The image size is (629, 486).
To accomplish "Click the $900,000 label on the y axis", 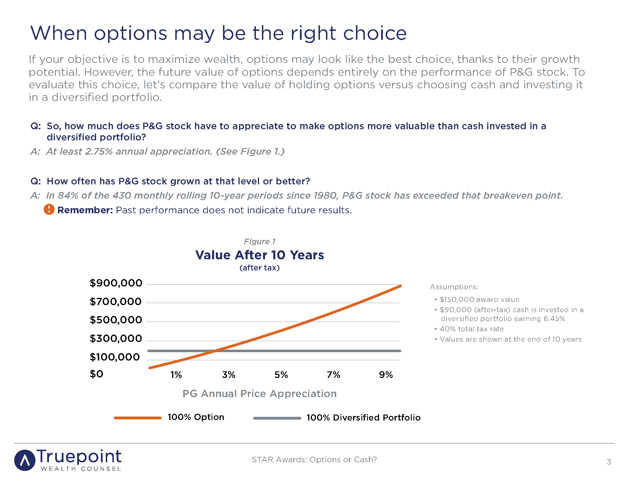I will [x=116, y=283].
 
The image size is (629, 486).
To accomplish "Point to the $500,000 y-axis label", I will [x=116, y=320].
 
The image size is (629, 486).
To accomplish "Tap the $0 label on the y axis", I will [x=96, y=374].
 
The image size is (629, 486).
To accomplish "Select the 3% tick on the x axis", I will [x=229, y=375].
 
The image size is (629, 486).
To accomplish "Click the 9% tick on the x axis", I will [x=386, y=375].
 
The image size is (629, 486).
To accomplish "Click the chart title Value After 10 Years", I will [x=260, y=255].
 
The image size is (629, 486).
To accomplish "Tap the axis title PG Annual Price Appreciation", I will [x=260, y=394].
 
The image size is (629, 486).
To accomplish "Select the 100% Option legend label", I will [x=196, y=417].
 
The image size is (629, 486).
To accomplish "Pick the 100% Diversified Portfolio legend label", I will [x=363, y=418].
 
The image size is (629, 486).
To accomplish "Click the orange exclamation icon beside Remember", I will [x=49, y=209].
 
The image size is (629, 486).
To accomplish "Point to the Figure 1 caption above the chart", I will [x=260, y=241].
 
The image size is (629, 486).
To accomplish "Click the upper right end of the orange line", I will [x=400, y=286].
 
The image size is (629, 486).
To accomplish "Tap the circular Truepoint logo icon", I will [x=25, y=460].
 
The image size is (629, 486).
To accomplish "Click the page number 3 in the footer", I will [x=609, y=462].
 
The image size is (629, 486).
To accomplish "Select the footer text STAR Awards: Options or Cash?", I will [x=314, y=459].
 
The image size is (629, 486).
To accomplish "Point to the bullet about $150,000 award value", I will [x=479, y=299].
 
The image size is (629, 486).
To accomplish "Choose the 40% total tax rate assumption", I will [x=472, y=329].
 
